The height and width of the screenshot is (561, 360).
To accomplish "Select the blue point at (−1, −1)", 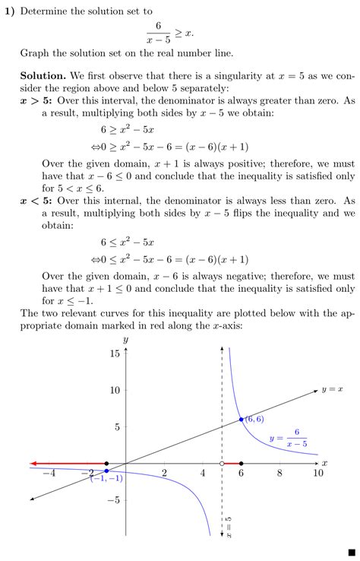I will click(106, 471).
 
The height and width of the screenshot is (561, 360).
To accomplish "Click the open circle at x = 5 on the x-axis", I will click(221, 463).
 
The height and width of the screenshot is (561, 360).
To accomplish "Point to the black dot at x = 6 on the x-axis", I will click(241, 463).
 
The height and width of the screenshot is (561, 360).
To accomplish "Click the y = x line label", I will click(332, 389).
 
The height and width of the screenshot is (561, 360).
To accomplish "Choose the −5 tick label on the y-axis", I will click(114, 500).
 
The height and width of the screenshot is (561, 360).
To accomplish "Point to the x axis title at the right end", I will click(324, 462).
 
